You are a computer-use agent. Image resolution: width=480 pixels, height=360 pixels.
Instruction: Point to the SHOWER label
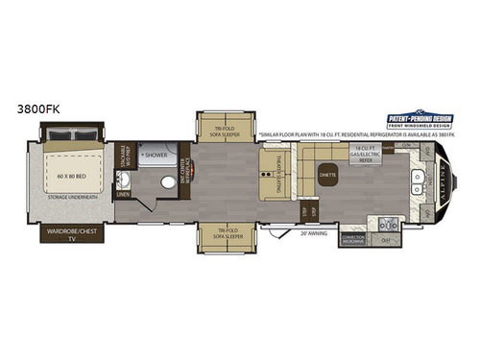tap(156, 154)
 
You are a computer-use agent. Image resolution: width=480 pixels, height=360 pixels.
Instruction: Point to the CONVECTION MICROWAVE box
tap(353, 238)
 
